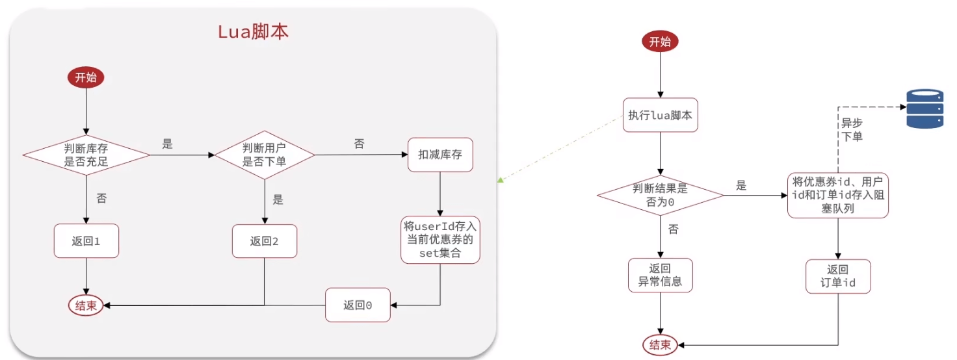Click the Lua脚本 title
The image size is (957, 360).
point(252,32)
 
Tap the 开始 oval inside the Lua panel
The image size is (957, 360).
point(86,78)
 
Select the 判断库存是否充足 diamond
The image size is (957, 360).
point(86,155)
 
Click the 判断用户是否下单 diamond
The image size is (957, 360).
point(265,155)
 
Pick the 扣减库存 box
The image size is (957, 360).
point(440,155)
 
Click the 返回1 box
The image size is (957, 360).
point(86,241)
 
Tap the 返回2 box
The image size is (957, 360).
point(265,241)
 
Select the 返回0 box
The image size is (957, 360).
point(358,305)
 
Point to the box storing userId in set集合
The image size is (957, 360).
point(440,240)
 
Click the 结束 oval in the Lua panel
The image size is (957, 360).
point(86,305)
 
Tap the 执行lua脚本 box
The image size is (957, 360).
point(660,116)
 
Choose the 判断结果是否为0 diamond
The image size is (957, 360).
point(660,194)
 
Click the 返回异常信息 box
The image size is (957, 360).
point(660,276)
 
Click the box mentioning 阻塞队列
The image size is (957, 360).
point(838,195)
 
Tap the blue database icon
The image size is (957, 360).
point(925,109)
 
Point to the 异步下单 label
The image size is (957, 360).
point(852,129)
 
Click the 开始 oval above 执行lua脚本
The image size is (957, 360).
point(660,42)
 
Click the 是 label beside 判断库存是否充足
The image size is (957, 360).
point(168,144)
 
